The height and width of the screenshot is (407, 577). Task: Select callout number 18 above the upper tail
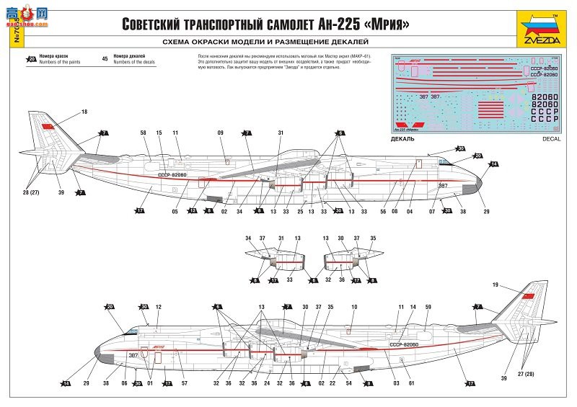[x=84, y=112]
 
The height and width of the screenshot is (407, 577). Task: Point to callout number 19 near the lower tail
[x=495, y=286]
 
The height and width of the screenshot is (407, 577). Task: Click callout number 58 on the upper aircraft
[x=143, y=133]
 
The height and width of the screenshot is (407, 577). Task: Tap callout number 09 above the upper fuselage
[x=221, y=133]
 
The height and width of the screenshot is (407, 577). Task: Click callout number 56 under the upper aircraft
[x=384, y=212]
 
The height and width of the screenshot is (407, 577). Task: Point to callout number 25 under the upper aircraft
[x=298, y=212]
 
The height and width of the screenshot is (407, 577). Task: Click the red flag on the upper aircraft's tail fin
[x=49, y=128]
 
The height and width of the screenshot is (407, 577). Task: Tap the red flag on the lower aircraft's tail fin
[x=525, y=298]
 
